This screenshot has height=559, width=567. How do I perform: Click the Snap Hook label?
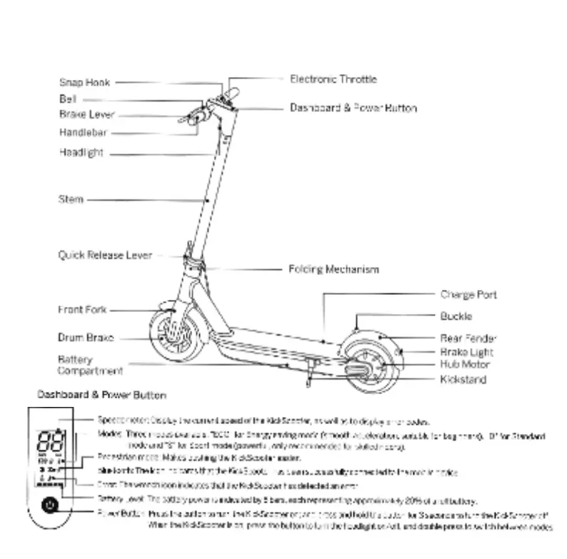click(x=84, y=83)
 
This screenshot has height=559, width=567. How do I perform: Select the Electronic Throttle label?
click(x=333, y=79)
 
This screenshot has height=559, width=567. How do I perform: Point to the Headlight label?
click(x=81, y=153)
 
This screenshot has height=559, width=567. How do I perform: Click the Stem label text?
click(x=71, y=200)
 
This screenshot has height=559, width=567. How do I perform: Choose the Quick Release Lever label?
click(x=105, y=255)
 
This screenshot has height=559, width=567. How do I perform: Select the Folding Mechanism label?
click(x=333, y=269)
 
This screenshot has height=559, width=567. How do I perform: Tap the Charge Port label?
click(x=468, y=295)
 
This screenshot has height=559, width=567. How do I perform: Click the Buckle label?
click(x=456, y=316)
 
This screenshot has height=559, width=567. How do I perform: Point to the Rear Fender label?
click(x=468, y=338)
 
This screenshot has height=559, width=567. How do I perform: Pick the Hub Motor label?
click(x=465, y=365)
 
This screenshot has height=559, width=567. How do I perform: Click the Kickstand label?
click(x=463, y=380)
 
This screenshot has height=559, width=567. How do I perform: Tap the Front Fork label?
click(x=82, y=310)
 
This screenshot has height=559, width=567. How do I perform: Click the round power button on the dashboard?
click(x=49, y=505)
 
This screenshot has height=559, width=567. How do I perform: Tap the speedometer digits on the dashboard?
click(x=51, y=439)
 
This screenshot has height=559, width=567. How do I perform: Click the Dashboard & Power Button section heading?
click(x=101, y=395)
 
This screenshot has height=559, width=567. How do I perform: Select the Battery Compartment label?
click(x=90, y=366)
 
